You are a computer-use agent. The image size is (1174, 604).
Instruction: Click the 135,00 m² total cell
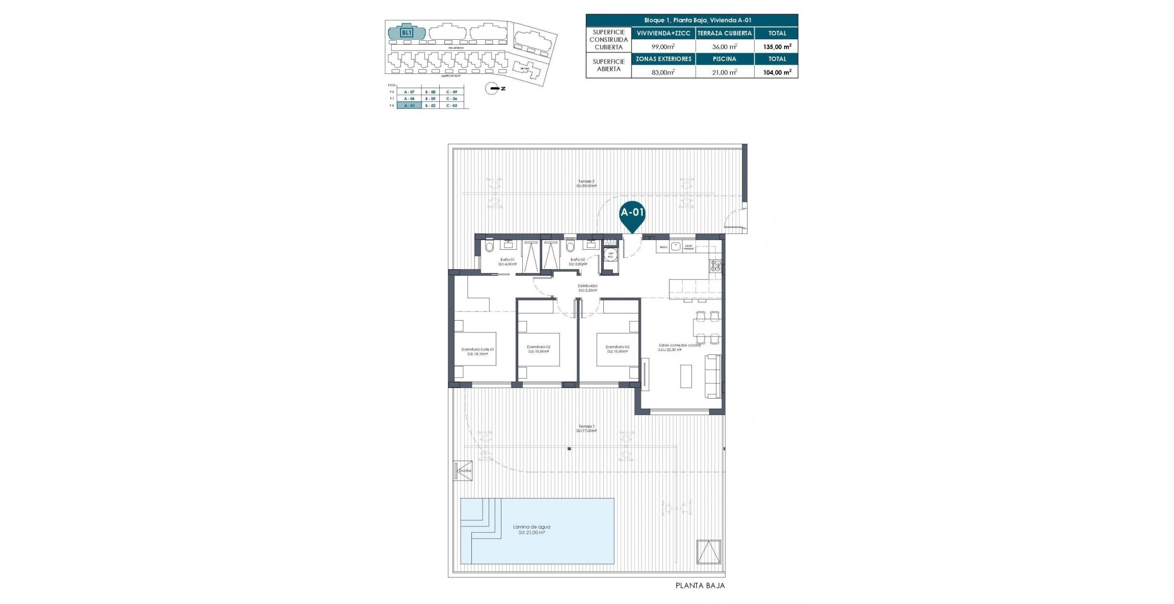(777, 46)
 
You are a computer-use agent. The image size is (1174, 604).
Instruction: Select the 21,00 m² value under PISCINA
(724, 72)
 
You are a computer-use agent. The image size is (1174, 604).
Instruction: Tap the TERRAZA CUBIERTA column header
(724, 33)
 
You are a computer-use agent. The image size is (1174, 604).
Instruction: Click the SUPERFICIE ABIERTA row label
(608, 65)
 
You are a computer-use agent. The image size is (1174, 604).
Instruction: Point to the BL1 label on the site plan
(406, 33)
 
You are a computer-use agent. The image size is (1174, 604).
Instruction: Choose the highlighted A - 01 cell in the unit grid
(409, 106)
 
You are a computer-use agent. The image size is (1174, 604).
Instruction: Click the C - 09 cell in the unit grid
(451, 92)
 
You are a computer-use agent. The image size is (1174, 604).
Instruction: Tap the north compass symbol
(493, 89)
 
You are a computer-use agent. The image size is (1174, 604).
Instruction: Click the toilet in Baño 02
(570, 247)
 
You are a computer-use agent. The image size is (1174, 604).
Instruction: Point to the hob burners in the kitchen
(715, 265)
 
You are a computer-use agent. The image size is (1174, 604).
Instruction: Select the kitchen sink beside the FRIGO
(676, 247)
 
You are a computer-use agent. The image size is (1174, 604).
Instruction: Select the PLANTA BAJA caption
(700, 586)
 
